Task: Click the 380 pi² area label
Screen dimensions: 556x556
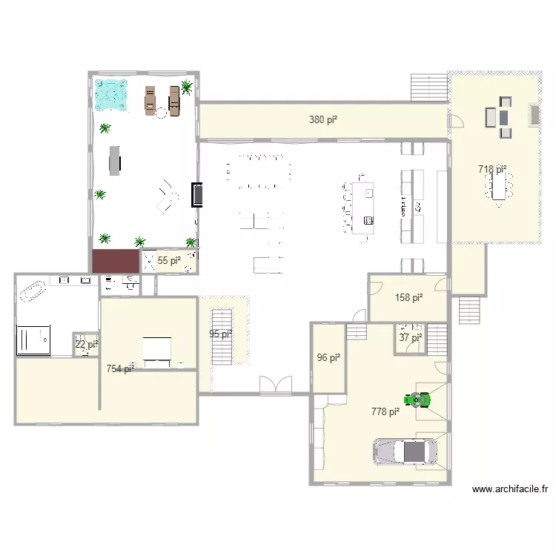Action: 323,119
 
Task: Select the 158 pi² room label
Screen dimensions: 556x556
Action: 409,298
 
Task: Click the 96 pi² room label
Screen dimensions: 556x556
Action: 328,357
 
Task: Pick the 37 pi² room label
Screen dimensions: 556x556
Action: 410,338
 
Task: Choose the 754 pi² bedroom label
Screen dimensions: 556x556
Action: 120,368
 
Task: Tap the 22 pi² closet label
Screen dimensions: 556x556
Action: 86,344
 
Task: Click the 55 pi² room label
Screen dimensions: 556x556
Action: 169,260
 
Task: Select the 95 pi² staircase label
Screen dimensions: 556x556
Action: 221,334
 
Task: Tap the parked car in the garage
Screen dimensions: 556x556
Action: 405,451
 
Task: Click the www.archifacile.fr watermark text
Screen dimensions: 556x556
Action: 510,489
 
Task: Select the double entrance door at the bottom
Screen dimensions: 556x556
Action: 276,385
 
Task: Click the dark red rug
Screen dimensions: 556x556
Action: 116,261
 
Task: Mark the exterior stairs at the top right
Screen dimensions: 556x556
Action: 429,88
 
